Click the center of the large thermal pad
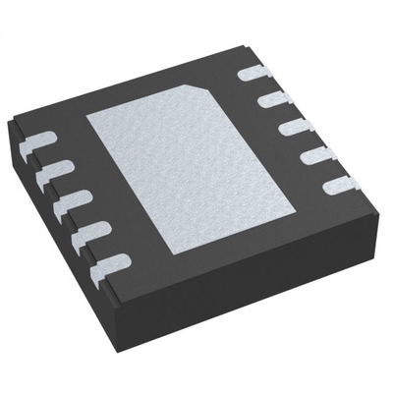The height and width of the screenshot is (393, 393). [195, 163]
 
